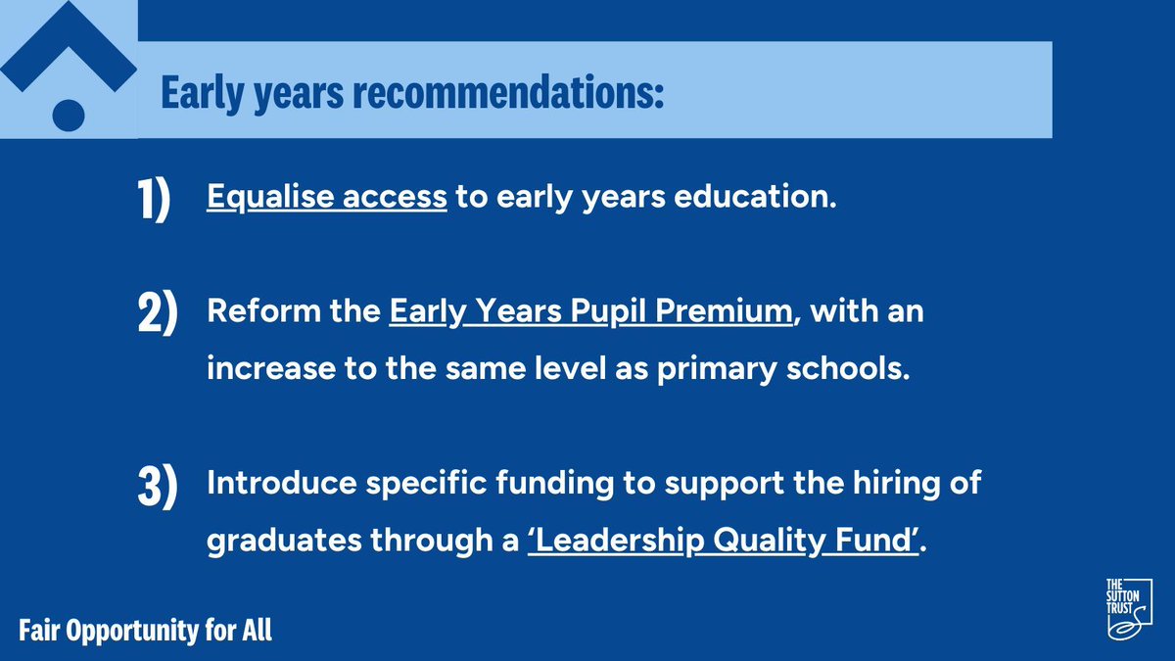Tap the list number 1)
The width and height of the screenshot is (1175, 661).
[153, 199]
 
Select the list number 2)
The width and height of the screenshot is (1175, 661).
[156, 316]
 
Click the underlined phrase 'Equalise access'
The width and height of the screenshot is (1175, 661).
[326, 197]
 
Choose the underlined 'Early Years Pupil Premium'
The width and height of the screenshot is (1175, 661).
[590, 314]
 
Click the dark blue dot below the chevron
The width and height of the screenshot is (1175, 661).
[69, 114]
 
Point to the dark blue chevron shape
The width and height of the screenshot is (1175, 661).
[69, 49]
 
